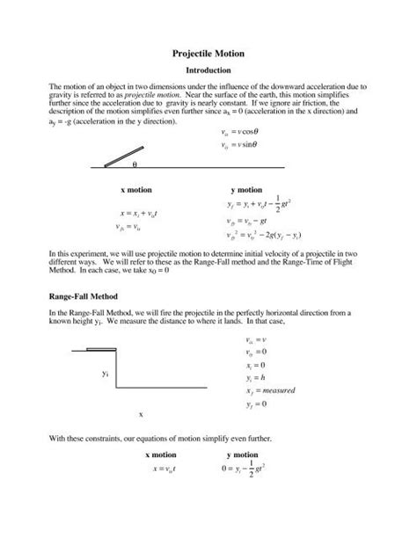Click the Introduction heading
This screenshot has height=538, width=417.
[208, 70]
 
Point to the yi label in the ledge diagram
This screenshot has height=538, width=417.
[105, 374]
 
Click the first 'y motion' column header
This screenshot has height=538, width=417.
[245, 189]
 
